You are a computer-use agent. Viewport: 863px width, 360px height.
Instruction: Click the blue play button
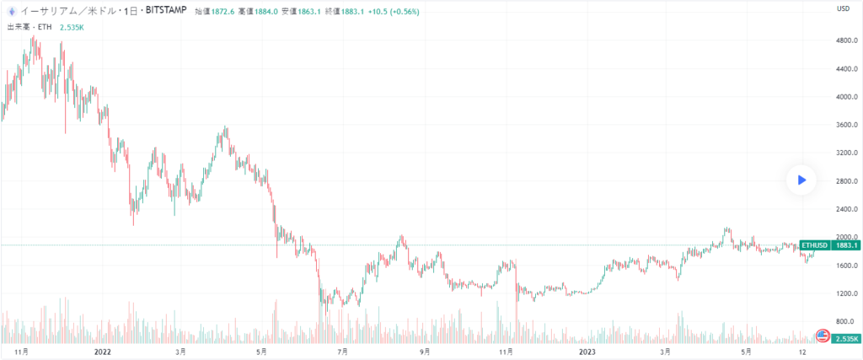[801, 179]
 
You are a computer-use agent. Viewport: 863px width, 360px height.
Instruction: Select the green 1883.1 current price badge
[845, 245]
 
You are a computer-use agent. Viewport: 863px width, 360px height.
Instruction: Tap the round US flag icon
[823, 335]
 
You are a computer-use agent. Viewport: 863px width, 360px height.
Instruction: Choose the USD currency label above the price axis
[842, 9]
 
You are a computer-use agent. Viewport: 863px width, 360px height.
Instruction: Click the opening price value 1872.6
[222, 12]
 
